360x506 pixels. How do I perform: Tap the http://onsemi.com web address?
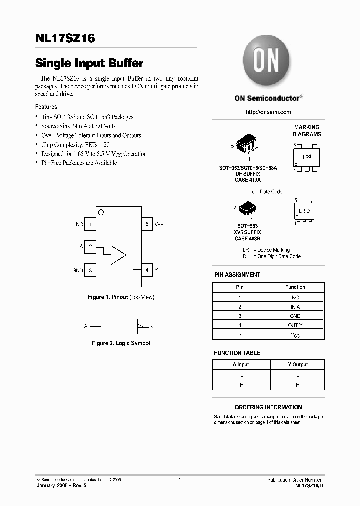268,112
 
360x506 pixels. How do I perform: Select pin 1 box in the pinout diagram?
90,225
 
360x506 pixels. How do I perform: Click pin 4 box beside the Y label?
147,270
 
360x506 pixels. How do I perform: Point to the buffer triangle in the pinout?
118,254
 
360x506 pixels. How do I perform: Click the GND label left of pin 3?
78,270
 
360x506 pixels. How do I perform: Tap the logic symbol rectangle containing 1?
119,326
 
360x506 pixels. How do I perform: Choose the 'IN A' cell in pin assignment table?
296,307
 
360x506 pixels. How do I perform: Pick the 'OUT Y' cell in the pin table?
296,325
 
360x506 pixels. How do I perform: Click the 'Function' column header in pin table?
296,287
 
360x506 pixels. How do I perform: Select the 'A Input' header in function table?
240,365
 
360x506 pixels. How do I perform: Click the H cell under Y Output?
298,385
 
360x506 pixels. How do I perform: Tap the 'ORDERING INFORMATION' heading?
268,407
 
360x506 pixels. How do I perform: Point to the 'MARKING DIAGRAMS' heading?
307,131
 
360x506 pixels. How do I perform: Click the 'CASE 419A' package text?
248,180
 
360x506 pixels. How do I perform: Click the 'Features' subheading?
46,107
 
